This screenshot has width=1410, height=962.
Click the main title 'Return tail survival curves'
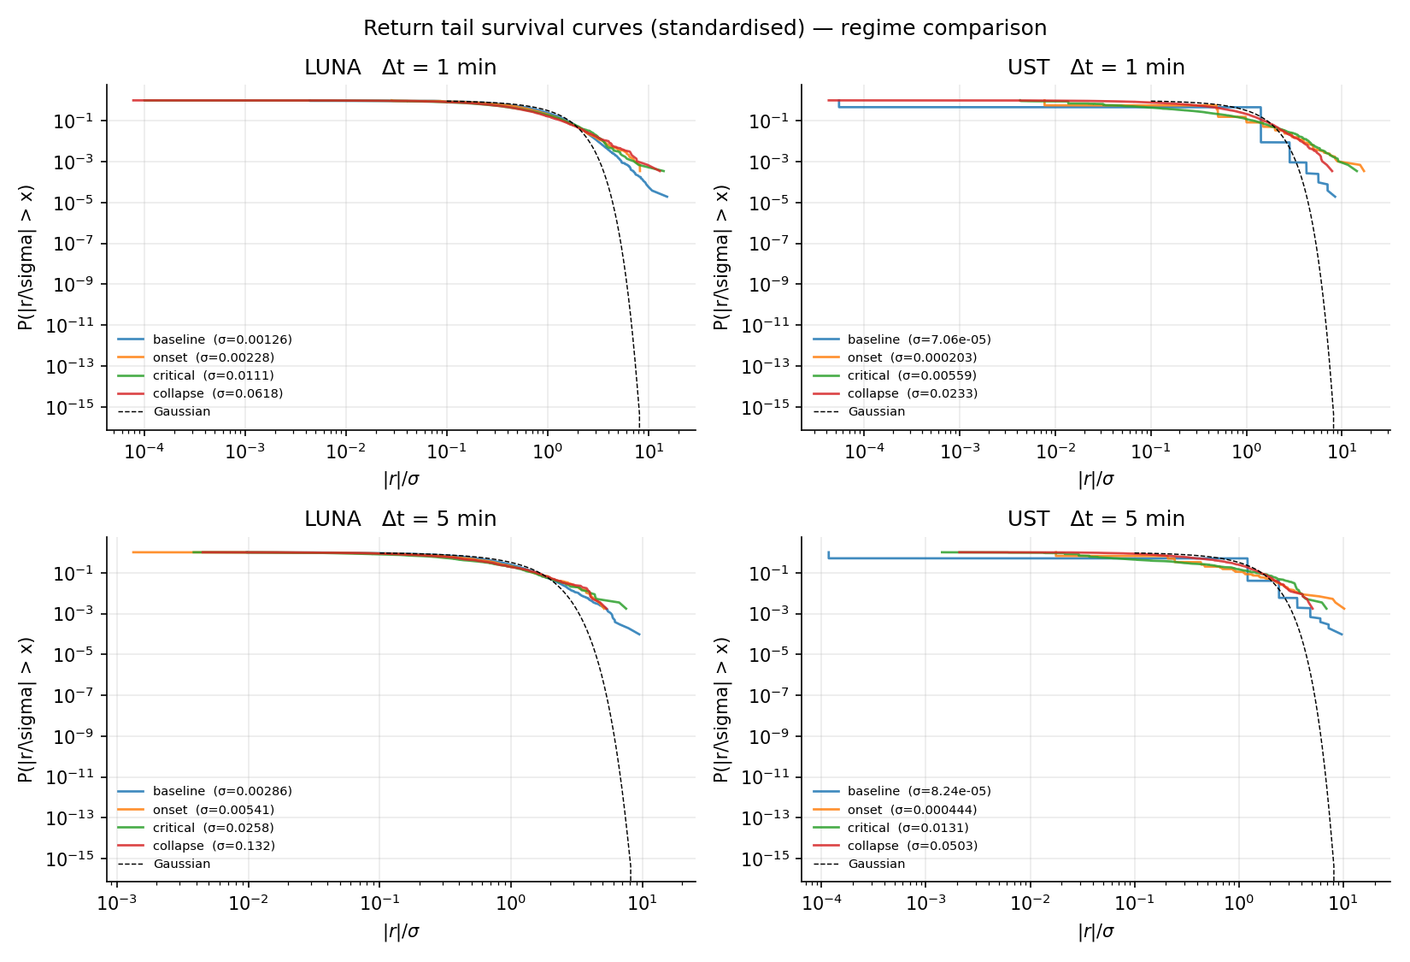click(704, 28)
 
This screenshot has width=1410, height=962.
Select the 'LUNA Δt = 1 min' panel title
click(400, 68)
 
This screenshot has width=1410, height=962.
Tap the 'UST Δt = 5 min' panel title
click(1096, 519)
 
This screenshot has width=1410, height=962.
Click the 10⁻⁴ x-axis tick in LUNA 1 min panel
click(144, 451)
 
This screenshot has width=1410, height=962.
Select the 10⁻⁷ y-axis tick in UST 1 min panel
click(770, 244)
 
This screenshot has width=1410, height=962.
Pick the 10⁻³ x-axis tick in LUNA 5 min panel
click(117, 903)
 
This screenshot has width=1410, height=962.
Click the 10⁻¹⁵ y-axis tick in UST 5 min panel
click(766, 859)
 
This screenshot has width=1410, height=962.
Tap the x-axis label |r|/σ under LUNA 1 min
click(401, 480)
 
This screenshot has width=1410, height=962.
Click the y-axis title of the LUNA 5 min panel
click(26, 710)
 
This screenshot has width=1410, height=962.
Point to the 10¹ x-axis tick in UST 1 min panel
click(1342, 451)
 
